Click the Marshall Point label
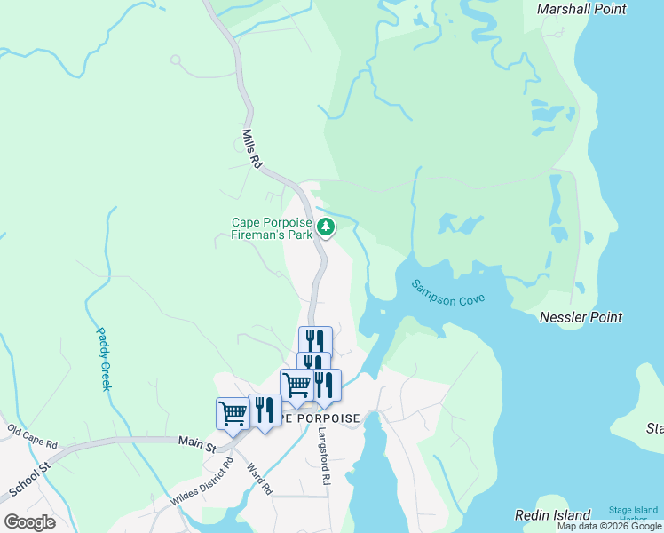click(581, 9)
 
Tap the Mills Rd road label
click(252, 149)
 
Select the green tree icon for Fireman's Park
click(327, 227)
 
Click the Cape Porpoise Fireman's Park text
click(272, 229)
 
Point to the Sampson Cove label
click(447, 293)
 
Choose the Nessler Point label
click(581, 317)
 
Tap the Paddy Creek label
click(104, 358)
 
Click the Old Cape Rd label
click(32, 436)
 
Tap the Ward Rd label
click(259, 479)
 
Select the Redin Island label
click(552, 515)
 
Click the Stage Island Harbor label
click(633, 513)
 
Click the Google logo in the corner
click(29, 522)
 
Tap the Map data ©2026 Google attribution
click(610, 526)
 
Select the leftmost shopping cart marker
click(232, 412)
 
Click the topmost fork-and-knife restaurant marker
click(314, 340)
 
